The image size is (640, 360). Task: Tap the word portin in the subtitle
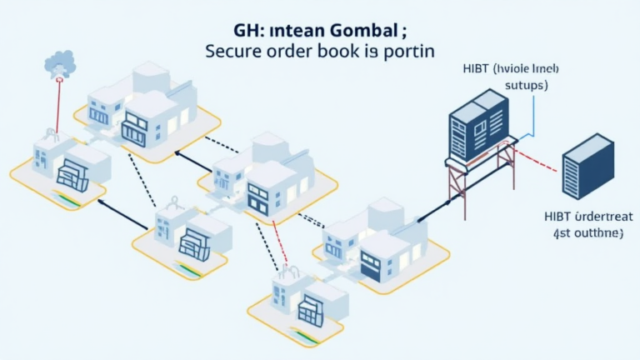(407, 51)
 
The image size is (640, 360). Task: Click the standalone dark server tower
(587, 166)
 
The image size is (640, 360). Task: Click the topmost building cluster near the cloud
(142, 108)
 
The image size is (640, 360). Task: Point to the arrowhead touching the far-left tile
(103, 201)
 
